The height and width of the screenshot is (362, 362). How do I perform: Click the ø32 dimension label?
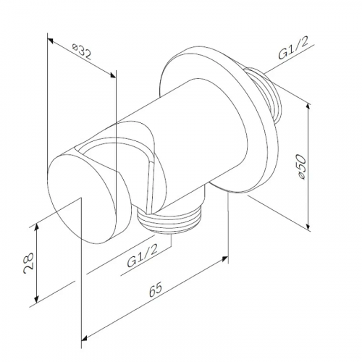coord(82,52)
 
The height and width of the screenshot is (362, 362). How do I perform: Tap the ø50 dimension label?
coord(301,167)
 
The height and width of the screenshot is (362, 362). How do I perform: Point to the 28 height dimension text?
coord(29,264)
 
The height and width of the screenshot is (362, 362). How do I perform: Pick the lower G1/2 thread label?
coord(143,255)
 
